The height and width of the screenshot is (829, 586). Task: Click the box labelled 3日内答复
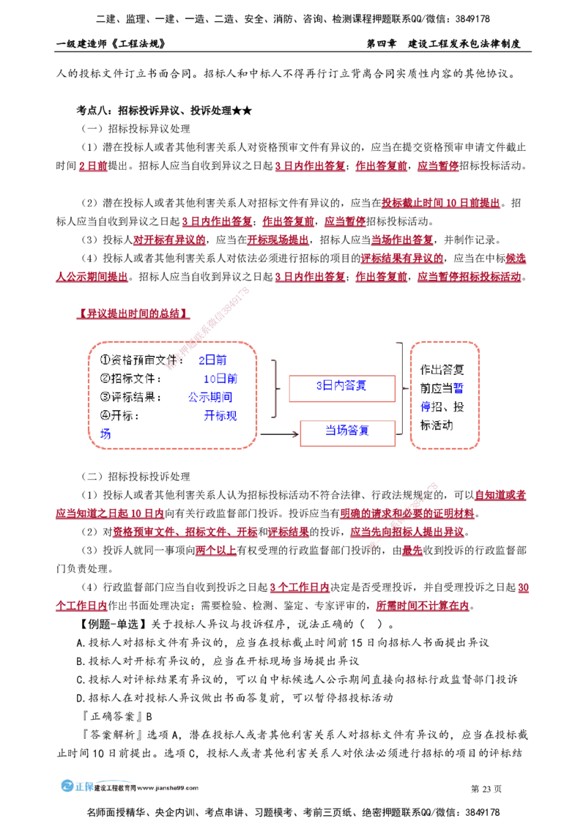[x=341, y=389]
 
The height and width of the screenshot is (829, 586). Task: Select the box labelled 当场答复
[x=347, y=433]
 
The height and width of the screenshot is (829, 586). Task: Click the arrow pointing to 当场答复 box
[x=279, y=434]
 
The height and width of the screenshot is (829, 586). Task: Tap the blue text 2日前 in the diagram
[x=212, y=360]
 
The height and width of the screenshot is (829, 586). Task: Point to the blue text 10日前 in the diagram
[x=220, y=379]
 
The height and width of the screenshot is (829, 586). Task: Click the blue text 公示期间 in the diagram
[x=210, y=397]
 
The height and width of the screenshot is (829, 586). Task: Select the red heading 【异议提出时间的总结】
[x=133, y=313]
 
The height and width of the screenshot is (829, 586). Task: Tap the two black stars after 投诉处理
[x=242, y=111]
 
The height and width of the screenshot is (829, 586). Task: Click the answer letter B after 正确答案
[x=149, y=716]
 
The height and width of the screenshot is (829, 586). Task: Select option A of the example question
[x=283, y=642]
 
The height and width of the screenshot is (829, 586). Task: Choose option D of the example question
[x=234, y=698]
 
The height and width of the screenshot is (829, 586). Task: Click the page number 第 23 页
[x=486, y=789]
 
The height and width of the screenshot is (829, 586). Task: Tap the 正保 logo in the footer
[x=77, y=787]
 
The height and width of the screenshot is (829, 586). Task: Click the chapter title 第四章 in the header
[x=382, y=43]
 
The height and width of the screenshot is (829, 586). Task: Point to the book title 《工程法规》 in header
[x=138, y=43]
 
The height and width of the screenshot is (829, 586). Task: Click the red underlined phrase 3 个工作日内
[x=300, y=587]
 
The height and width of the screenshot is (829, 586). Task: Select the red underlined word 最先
[x=412, y=551]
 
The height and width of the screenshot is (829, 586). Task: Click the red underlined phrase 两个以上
[x=216, y=551]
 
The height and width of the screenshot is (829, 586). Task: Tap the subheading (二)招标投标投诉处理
[x=136, y=476]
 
